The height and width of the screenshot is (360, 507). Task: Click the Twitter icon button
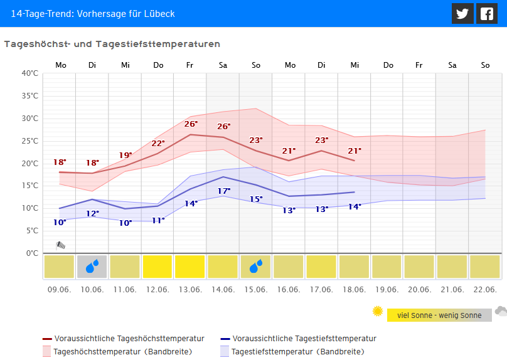[462, 14]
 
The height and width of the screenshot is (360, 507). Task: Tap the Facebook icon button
[486, 14]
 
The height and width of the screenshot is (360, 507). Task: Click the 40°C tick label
[29, 73]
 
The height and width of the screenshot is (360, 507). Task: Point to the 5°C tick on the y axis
[31, 231]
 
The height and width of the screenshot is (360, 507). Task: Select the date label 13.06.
[190, 289]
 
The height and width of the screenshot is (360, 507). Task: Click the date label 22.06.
[485, 289]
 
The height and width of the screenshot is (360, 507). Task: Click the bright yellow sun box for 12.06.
[157, 267]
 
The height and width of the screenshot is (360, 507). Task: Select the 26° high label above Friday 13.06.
[191, 124]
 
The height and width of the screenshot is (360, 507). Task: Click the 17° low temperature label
[224, 191]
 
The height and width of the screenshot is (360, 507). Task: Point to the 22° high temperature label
[158, 143]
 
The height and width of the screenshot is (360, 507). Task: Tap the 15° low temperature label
[256, 199]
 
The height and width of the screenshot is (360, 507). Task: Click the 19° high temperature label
[125, 155]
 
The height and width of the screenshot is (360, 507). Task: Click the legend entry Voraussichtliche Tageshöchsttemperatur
[129, 339]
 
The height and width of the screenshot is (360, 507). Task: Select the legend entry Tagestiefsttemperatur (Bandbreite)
[297, 352]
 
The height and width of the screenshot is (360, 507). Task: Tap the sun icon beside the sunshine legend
[377, 311]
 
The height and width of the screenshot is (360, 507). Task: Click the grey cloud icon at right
[500, 311]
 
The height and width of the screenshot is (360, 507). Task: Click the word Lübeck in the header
[159, 13]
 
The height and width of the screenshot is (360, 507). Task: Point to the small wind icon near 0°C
[61, 245]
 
